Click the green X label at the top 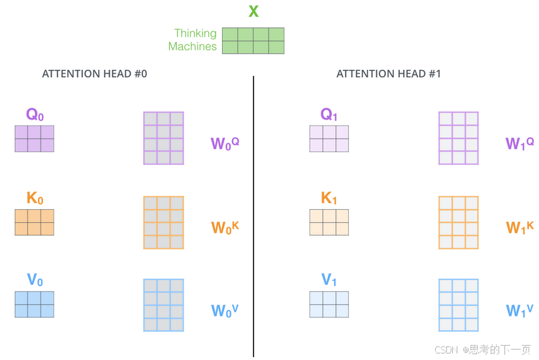pyautogui.click(x=253, y=11)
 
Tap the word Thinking pyautogui.click(x=195, y=33)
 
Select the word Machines pyautogui.click(x=192, y=46)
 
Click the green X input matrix pyautogui.click(x=253, y=41)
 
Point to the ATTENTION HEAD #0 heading pyautogui.click(x=95, y=74)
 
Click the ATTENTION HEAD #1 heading pyautogui.click(x=389, y=74)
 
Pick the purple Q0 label pyautogui.click(x=35, y=115)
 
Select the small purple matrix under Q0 pyautogui.click(x=35, y=139)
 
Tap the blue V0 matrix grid pyautogui.click(x=35, y=304)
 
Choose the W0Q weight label pyautogui.click(x=225, y=143)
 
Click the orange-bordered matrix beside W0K pyautogui.click(x=163, y=223)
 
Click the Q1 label pyautogui.click(x=329, y=115)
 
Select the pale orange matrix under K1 pyautogui.click(x=329, y=222)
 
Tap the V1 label pyautogui.click(x=329, y=281)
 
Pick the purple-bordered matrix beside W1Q pyautogui.click(x=458, y=138)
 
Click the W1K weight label pyautogui.click(x=520, y=227)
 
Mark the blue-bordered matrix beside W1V pyautogui.click(x=458, y=305)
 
